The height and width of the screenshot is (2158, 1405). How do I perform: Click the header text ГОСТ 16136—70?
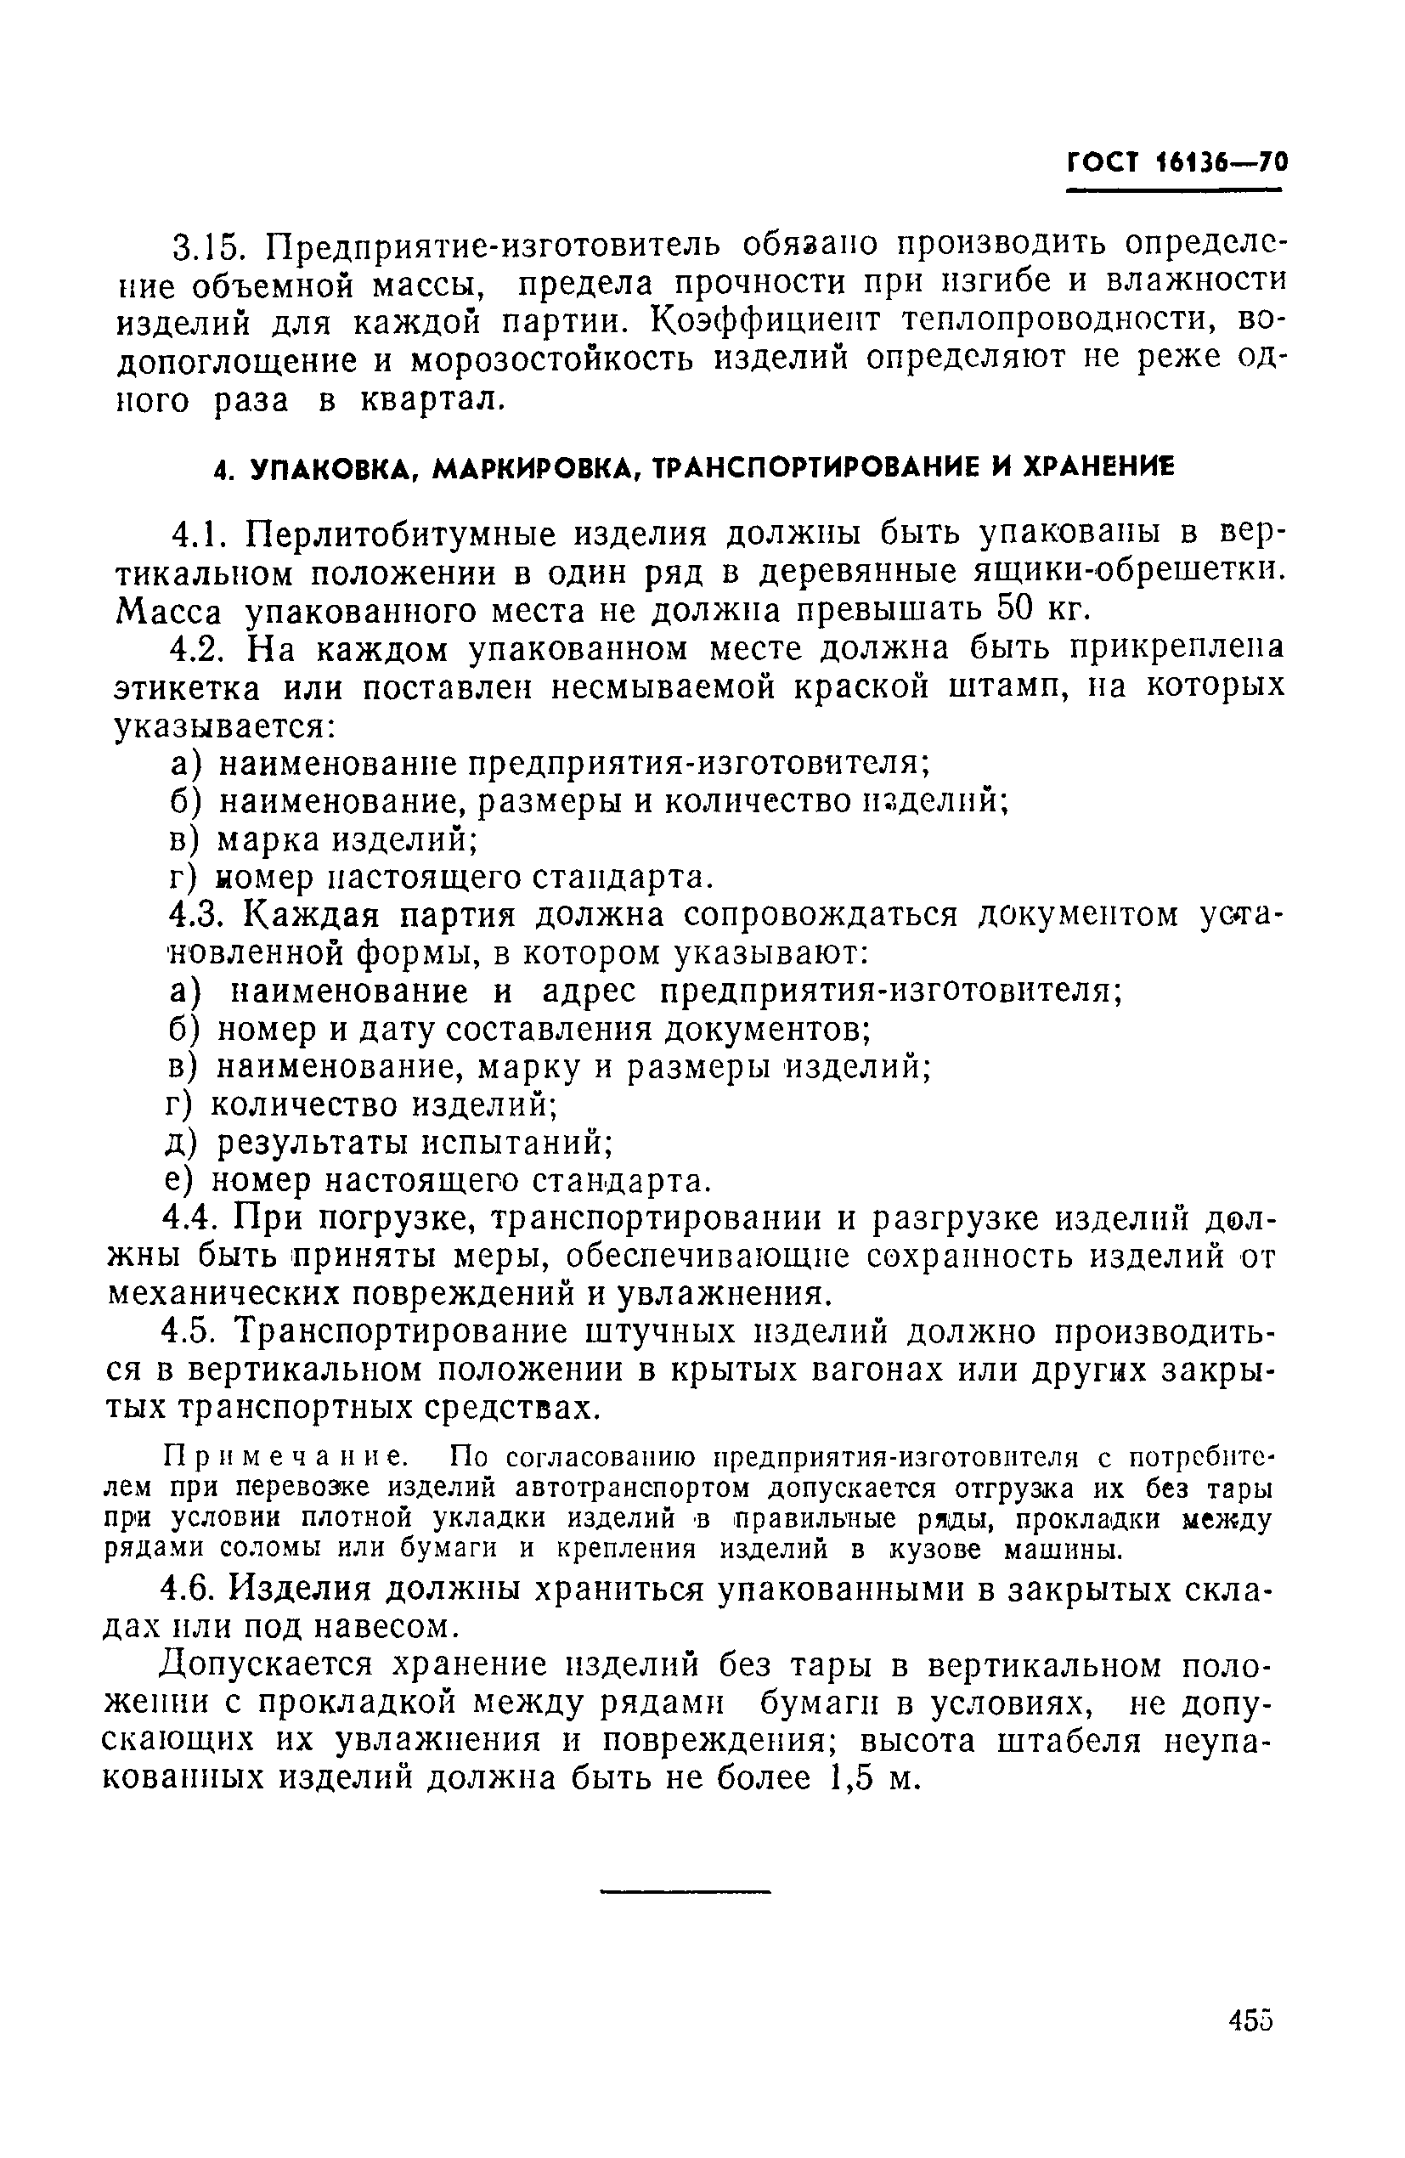(x=1176, y=162)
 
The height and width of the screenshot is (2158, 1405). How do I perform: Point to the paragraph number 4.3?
(x=199, y=916)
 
